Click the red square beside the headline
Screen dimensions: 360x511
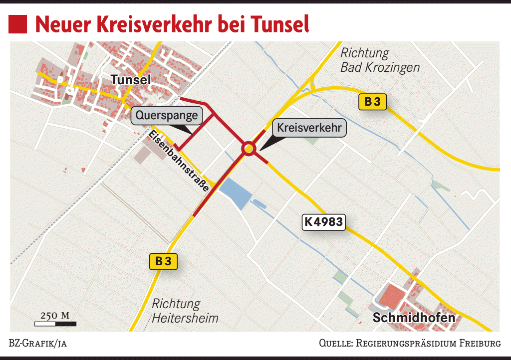18,24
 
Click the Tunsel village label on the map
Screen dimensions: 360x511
131,80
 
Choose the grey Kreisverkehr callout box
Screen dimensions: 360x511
309,128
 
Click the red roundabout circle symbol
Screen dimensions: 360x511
249,148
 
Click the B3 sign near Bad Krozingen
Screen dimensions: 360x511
373,102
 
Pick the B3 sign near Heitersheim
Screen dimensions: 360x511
163,261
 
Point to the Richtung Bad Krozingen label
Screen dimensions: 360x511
379,60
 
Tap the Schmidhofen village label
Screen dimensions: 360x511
414,318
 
